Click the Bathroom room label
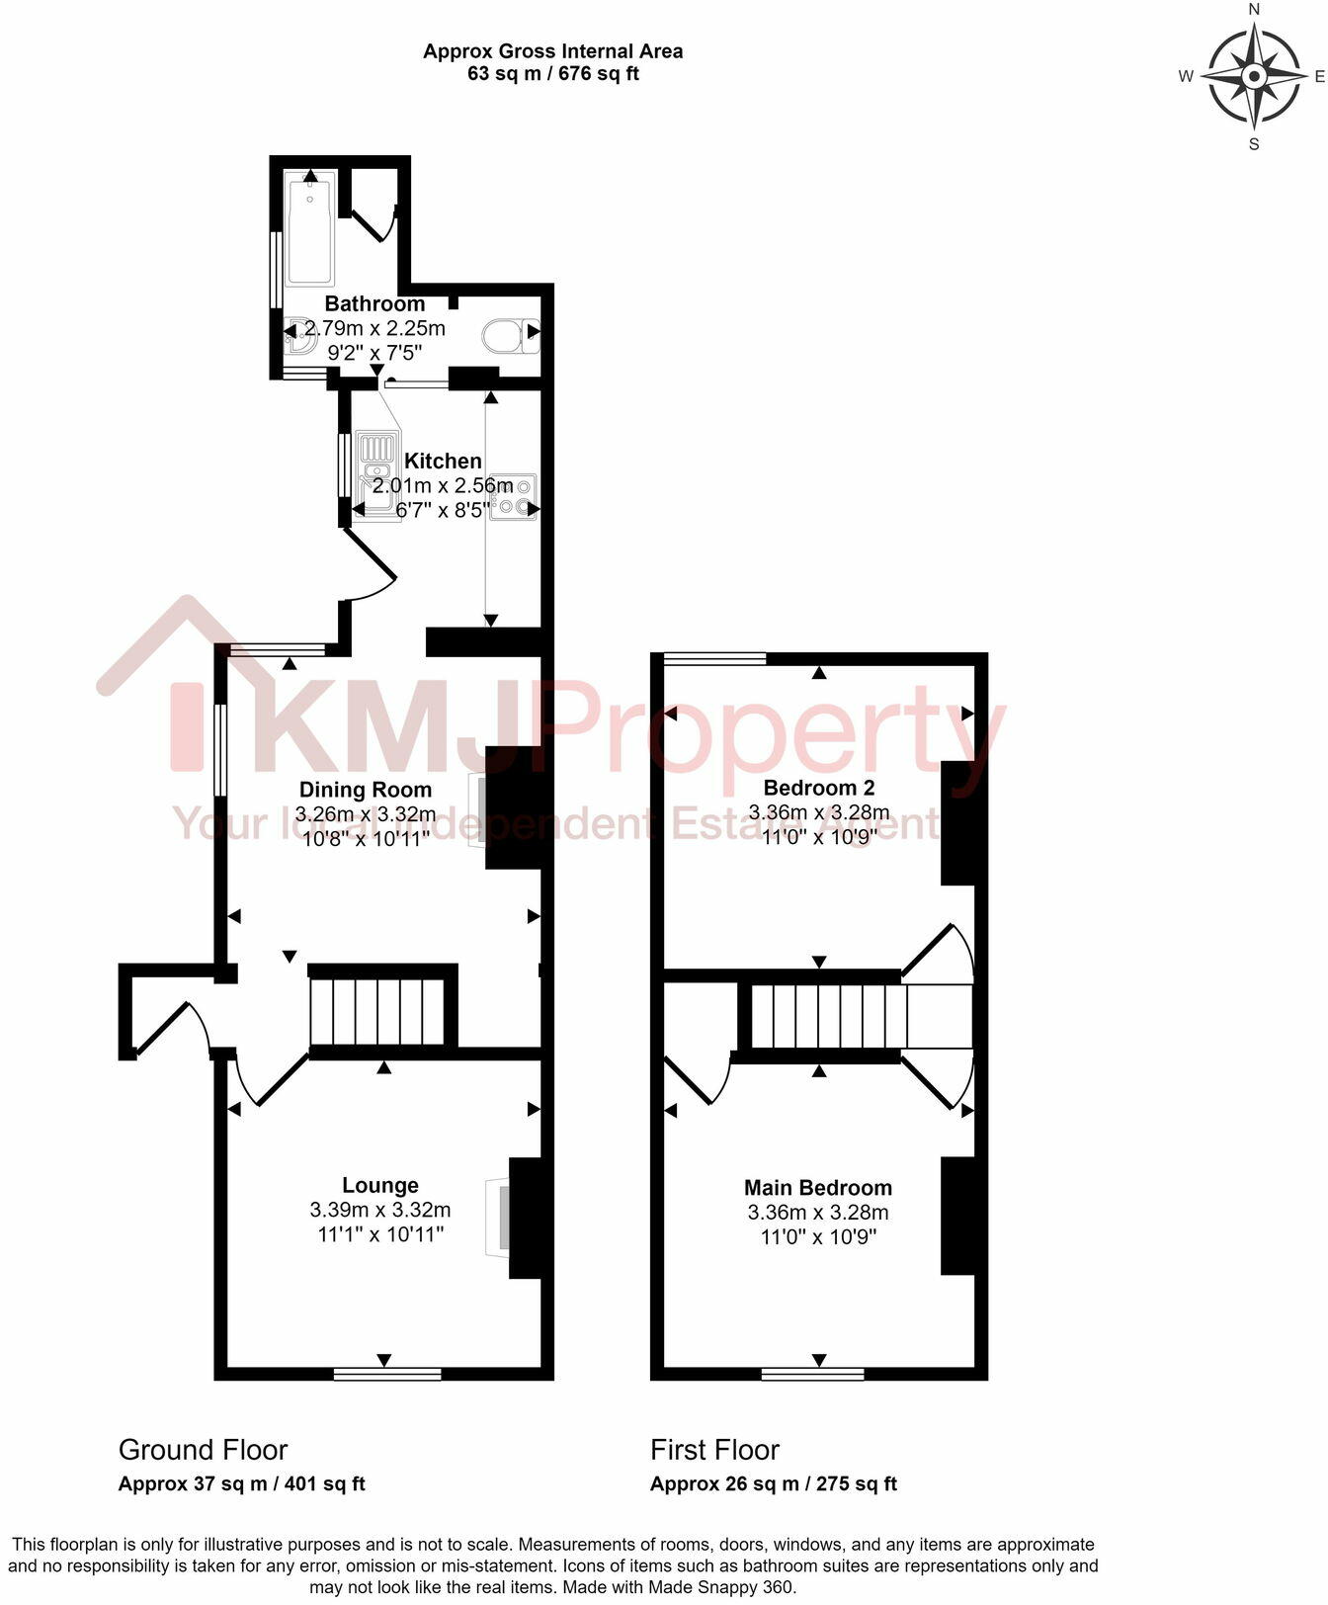[x=374, y=303]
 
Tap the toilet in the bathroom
[x=510, y=336]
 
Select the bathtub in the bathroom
[x=310, y=229]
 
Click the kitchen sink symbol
[x=377, y=473]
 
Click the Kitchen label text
[x=443, y=461]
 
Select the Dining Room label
[x=366, y=790]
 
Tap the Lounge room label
[x=380, y=1185]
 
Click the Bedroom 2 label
[x=819, y=788]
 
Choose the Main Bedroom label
[x=818, y=1188]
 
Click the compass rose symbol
[x=1254, y=76]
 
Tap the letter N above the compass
[x=1255, y=10]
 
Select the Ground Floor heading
[x=203, y=1450]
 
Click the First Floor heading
[x=714, y=1450]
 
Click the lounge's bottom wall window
[x=387, y=1373]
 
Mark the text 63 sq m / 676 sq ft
[x=552, y=74]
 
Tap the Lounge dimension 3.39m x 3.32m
[x=380, y=1210]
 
